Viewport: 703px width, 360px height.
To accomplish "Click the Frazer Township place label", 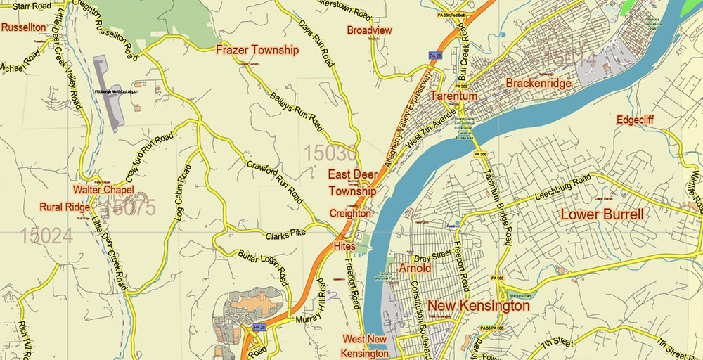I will [x=257, y=50].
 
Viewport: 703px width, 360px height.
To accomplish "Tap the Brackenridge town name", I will [x=538, y=83].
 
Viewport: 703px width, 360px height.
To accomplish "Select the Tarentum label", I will [x=453, y=96].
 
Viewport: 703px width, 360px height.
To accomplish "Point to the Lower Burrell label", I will [x=602, y=214].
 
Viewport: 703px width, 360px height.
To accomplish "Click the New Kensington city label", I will [x=479, y=306].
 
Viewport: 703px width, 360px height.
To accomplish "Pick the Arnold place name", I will [x=415, y=269].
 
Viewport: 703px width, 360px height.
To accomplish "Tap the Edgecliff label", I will [x=635, y=120].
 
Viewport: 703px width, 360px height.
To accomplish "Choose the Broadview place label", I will [x=369, y=30].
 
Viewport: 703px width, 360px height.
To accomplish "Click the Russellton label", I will [x=25, y=27].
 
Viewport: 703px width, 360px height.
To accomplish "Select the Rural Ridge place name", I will [x=65, y=207].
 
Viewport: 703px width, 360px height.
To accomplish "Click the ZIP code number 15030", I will [x=330, y=153].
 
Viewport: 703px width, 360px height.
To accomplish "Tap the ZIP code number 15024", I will [x=46, y=236].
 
